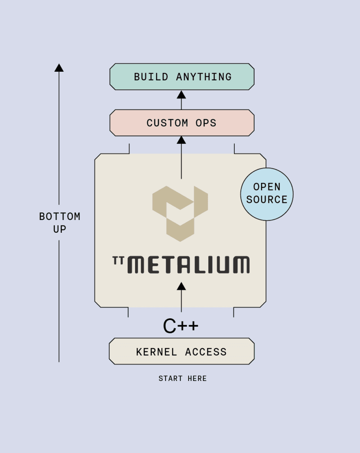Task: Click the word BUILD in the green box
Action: pos(151,77)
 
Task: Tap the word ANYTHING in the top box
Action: pos(204,77)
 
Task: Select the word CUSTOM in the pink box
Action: pos(167,123)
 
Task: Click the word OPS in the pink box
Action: pos(206,123)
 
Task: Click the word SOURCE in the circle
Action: pos(267,200)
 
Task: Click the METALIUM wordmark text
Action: pos(189,265)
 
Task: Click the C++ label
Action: pos(181,326)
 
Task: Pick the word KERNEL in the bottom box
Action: pos(156,352)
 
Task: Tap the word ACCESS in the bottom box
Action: pos(206,352)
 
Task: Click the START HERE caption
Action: pos(182,379)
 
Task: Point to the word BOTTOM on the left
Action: pos(60,217)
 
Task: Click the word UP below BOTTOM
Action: pos(60,229)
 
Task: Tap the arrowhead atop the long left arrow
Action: pos(59,68)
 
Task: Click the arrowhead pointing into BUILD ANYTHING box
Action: pos(181,95)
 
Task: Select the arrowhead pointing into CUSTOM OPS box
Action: pos(181,140)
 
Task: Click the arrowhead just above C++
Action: pos(181,286)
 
